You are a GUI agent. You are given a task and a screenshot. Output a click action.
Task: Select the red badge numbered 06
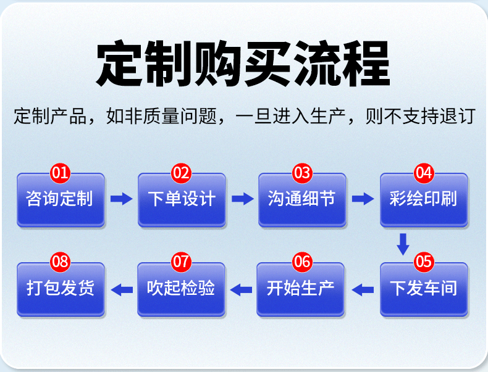[302, 262]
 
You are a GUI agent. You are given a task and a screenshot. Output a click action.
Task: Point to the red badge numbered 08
[61, 262]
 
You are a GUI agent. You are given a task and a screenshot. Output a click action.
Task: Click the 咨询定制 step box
[61, 199]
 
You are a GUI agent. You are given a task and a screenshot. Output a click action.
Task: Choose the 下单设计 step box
[182, 199]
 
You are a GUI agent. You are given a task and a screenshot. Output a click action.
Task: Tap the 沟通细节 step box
[302, 199]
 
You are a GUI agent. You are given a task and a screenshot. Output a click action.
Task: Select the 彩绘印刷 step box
[424, 199]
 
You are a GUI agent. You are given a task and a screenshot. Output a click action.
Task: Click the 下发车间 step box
[424, 289]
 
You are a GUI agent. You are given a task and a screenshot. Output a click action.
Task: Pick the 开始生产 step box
[302, 289]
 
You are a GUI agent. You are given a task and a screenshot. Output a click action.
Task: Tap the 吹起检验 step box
[182, 289]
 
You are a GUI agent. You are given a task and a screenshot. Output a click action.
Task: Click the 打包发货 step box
[61, 289]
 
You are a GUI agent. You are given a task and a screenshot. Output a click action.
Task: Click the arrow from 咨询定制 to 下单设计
[121, 199]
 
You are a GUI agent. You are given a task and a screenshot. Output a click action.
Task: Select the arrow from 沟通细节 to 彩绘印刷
[363, 199]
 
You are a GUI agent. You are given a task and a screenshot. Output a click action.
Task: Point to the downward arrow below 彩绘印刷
[403, 244]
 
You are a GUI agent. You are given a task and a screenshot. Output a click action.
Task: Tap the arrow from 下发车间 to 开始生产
[363, 288]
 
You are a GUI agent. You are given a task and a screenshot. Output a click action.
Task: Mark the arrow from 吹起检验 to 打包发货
[121, 288]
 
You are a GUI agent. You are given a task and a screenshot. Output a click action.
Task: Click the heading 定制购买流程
[243, 64]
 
